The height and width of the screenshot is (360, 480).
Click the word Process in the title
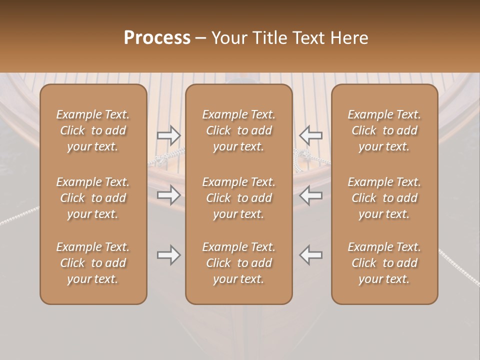157,38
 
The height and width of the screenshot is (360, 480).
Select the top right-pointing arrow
168,134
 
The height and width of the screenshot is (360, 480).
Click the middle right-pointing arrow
168,195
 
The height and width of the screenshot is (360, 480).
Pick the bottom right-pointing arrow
168,255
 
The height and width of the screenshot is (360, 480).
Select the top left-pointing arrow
310,134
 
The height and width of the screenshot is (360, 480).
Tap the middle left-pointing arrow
310,195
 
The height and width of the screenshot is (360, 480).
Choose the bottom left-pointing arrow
310,255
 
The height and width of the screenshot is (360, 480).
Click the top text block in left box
93,130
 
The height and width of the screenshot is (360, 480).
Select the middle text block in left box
93,198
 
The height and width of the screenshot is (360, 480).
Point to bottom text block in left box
93,263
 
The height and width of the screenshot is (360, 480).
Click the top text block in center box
238,130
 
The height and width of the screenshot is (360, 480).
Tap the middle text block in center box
238,198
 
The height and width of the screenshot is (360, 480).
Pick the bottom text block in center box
238,263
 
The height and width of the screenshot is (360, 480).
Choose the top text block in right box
384,130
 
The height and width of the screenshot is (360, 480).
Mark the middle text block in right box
384,198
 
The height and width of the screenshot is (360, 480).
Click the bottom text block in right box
384,263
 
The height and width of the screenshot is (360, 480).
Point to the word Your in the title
228,38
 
